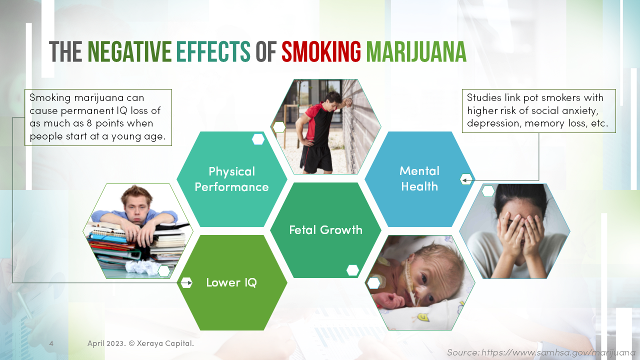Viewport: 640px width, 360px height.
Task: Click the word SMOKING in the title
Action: coord(321,51)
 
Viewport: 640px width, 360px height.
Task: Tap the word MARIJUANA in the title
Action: coord(416,51)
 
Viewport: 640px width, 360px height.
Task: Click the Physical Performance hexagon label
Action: coord(231,179)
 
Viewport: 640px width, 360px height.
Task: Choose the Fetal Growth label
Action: coord(325,230)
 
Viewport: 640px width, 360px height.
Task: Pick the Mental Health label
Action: coord(419,178)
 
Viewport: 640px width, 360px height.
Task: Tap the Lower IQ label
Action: coord(231,282)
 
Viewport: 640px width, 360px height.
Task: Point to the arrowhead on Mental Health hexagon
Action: coord(464,180)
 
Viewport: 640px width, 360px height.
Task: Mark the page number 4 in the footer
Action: coord(51,343)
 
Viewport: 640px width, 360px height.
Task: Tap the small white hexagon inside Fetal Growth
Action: coord(352,270)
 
